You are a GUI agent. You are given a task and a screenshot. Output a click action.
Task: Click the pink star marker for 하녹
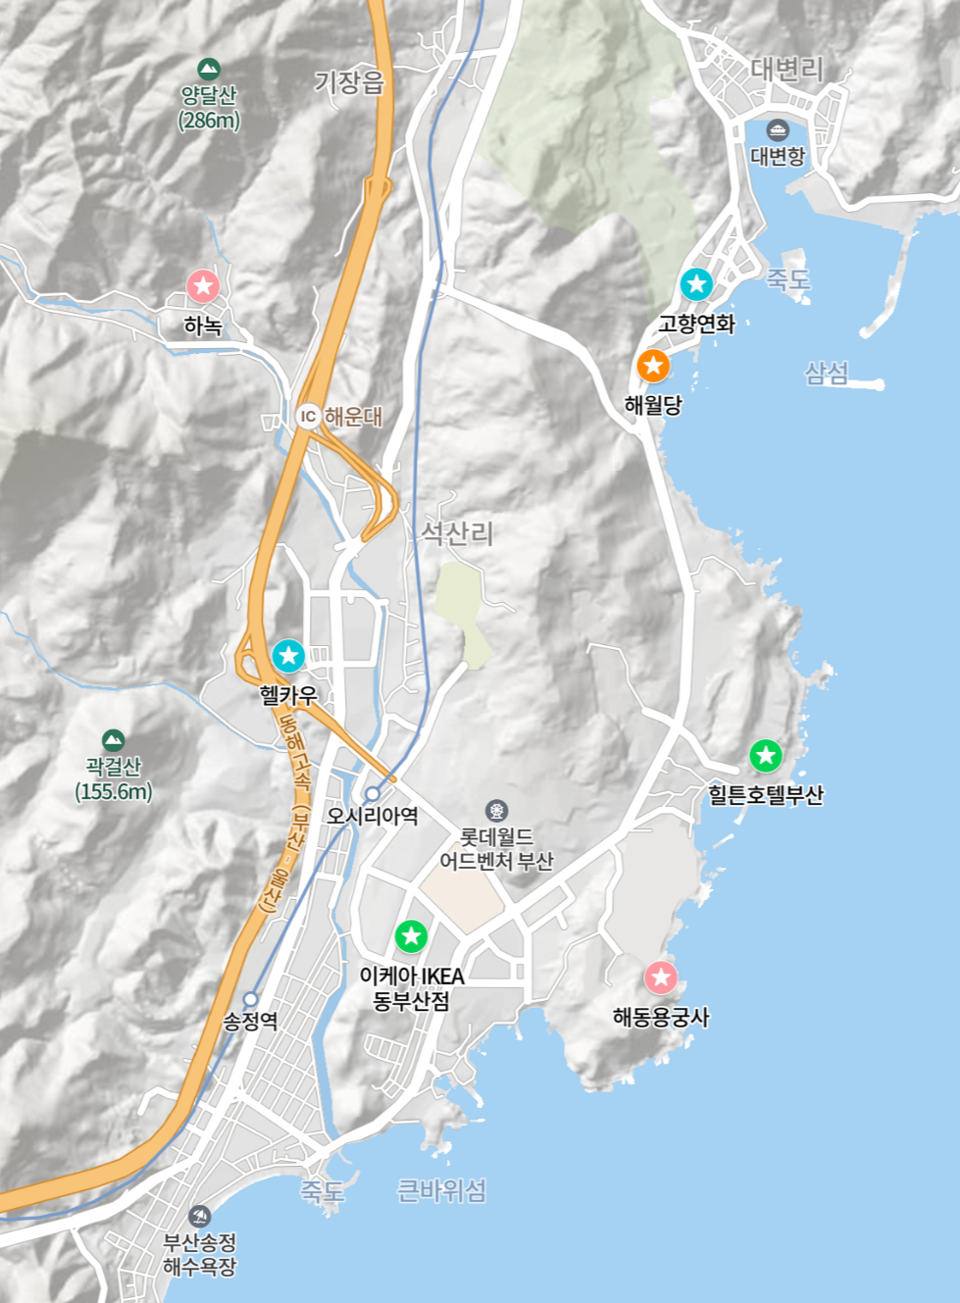click(204, 286)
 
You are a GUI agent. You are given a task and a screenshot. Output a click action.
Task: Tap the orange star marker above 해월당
click(653, 366)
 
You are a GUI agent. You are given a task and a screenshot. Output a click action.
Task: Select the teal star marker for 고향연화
click(696, 284)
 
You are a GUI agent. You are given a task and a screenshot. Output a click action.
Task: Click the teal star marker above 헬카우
click(288, 655)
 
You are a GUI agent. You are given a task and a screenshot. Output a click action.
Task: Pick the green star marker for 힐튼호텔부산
click(766, 755)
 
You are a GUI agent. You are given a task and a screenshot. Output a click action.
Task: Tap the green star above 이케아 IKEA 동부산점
click(411, 935)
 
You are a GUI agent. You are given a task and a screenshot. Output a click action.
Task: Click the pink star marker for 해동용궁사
click(661, 977)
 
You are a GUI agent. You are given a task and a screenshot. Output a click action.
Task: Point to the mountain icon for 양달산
click(208, 69)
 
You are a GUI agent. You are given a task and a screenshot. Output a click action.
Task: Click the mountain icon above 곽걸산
click(113, 739)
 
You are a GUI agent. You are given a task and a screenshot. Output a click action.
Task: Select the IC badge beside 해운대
click(308, 416)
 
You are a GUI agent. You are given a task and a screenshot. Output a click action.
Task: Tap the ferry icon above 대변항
click(778, 129)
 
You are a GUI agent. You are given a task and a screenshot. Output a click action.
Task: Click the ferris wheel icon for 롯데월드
click(497, 811)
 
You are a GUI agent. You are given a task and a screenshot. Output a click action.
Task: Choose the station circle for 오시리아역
click(373, 793)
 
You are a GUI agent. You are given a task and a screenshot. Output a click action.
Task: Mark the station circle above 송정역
click(251, 999)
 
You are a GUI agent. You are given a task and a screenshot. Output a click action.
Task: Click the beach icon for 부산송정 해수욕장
click(200, 1216)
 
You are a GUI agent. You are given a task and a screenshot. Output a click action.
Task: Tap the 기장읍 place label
click(349, 82)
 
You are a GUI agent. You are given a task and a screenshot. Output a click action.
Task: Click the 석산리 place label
click(457, 533)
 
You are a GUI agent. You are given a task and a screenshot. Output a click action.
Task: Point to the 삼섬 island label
click(827, 373)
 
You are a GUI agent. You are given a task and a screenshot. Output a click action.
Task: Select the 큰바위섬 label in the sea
click(441, 1190)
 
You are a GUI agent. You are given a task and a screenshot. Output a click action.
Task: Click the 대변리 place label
click(786, 69)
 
